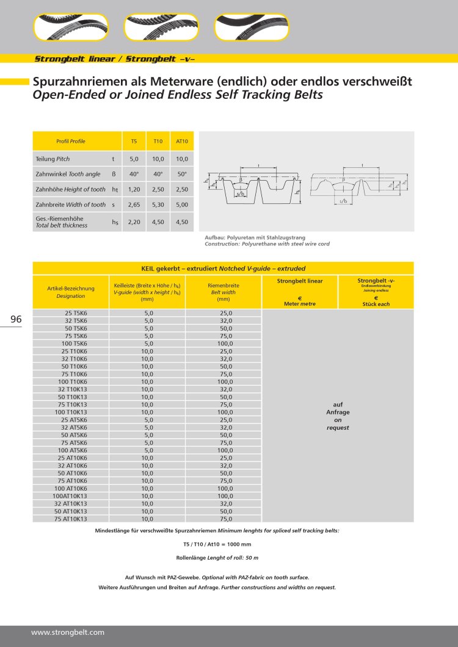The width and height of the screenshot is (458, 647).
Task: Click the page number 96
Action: pos(16,320)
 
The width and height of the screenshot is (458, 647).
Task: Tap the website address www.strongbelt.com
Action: pos(68,632)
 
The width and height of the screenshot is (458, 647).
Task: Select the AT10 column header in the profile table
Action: pos(181,141)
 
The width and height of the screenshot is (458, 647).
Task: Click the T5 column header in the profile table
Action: pos(134,141)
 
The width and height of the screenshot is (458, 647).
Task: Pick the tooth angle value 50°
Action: pos(181,174)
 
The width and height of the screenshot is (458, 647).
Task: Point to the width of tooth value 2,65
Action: pos(134,204)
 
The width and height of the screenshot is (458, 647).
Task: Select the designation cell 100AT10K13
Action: pos(70,496)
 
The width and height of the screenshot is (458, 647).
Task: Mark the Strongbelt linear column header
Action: pos(299,281)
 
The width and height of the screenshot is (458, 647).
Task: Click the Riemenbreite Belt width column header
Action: pos(223,292)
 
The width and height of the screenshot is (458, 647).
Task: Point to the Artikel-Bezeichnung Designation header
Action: pos(71,292)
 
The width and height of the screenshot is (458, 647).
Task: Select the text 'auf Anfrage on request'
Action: pos(337,416)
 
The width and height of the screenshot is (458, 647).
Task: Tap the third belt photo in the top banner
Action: pos(251,27)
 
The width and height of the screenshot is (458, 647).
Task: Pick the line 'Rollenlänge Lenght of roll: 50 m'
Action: pos(217,558)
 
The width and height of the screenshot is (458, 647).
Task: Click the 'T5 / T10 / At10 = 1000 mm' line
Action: pos(217,544)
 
